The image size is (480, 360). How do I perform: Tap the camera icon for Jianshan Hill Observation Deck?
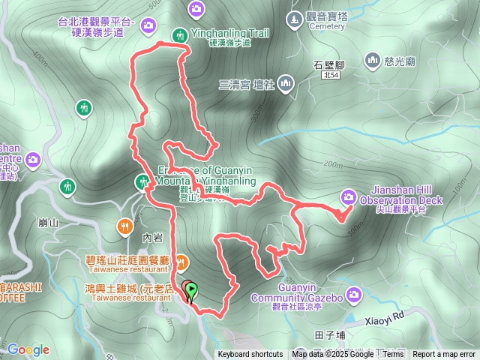tap(349, 196)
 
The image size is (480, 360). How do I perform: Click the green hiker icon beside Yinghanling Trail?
tap(179, 34)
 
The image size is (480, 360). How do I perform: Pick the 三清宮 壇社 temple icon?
tap(285, 83)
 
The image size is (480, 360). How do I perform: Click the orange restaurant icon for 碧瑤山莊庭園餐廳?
tap(183, 262)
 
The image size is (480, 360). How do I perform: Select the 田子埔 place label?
tap(330, 334)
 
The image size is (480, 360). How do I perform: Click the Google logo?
tap(28, 349)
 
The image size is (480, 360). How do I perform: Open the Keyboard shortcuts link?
tap(250, 355)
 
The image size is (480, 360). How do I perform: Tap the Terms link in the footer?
tap(393, 355)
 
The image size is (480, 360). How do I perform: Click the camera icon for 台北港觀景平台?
tap(148, 25)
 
